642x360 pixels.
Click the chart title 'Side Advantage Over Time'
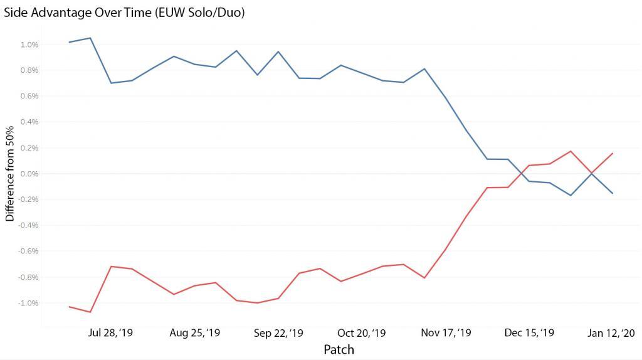pyautogui.click(x=124, y=12)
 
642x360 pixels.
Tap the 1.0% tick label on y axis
pyautogui.click(x=29, y=45)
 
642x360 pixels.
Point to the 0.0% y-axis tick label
pyautogui.click(x=29, y=174)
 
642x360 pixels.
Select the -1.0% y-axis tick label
pyautogui.click(x=28, y=303)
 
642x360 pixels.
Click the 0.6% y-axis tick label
pyautogui.click(x=29, y=96)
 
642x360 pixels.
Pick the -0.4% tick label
pyautogui.click(x=28, y=225)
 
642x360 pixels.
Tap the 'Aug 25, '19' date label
pyautogui.click(x=195, y=333)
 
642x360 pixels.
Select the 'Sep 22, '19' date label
pyautogui.click(x=278, y=333)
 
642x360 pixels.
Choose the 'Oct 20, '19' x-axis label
pyautogui.click(x=362, y=333)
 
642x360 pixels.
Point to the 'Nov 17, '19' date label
pyautogui.click(x=446, y=333)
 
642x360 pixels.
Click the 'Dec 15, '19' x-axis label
pyautogui.click(x=529, y=333)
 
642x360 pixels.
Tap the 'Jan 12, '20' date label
pyautogui.click(x=612, y=333)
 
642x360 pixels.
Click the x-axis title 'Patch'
pyautogui.click(x=339, y=349)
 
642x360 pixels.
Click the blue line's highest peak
pyautogui.click(x=90, y=38)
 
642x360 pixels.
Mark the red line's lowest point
pyautogui.click(x=90, y=312)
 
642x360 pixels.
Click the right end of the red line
pyautogui.click(x=613, y=153)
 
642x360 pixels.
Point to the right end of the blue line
pyautogui.click(x=613, y=193)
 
